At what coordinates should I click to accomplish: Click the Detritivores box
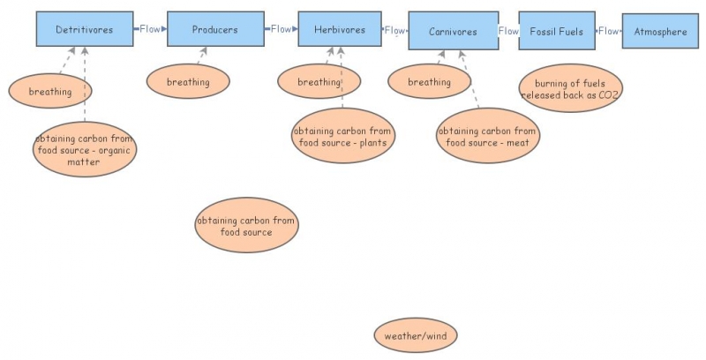tap(84, 30)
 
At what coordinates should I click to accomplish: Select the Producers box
tap(215, 30)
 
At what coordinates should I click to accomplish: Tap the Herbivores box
tap(340, 30)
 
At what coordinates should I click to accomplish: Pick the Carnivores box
tap(453, 32)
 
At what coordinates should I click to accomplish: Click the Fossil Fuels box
tap(556, 32)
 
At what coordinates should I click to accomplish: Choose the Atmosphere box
tap(660, 32)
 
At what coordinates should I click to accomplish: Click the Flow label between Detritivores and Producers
tap(150, 29)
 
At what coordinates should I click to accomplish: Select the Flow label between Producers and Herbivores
tap(281, 29)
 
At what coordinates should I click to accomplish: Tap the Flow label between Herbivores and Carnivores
tap(394, 31)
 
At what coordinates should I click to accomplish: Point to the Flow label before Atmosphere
tap(609, 32)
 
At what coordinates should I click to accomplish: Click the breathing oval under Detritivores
tap(51, 91)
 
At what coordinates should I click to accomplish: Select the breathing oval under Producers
tap(188, 82)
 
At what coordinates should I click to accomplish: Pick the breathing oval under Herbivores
tap(319, 82)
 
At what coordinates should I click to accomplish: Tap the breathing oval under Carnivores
tap(430, 82)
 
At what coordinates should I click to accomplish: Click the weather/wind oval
tap(416, 336)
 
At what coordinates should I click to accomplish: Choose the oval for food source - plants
tap(342, 137)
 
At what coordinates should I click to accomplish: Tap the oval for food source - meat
tap(487, 137)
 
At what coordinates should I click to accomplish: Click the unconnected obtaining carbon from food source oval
tap(246, 226)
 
